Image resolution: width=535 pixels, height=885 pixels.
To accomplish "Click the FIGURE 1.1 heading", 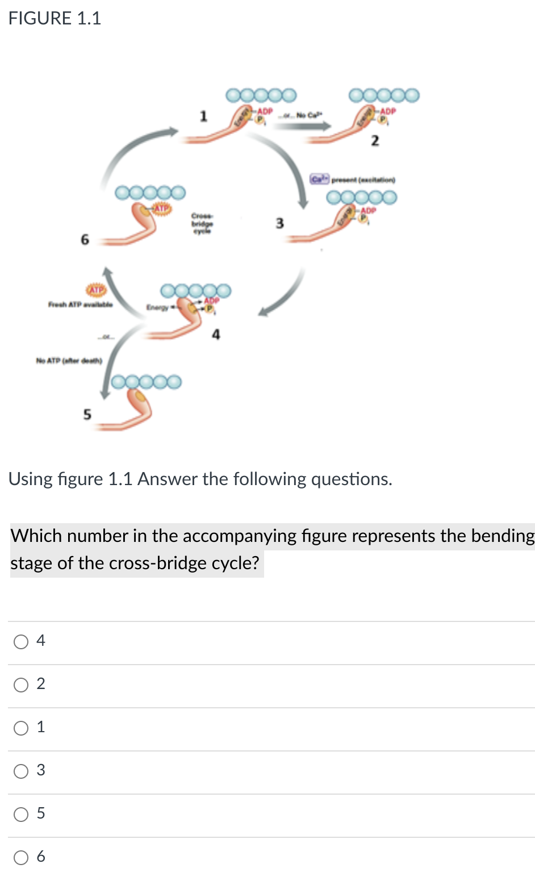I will tap(55, 18).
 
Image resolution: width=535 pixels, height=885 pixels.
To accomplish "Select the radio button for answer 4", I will tap(21, 642).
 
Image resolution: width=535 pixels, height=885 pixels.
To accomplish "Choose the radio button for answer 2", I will tap(21, 685).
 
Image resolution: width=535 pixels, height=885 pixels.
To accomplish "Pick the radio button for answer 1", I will tap(21, 728).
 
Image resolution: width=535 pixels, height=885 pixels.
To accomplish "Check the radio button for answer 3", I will tap(21, 771).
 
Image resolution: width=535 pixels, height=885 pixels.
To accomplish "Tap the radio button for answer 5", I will tap(21, 815).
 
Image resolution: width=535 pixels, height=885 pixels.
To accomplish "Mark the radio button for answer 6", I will tap(21, 858).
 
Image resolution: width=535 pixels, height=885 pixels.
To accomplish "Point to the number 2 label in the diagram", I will tap(374, 140).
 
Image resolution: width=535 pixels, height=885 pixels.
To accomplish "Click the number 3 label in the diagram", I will tap(279, 223).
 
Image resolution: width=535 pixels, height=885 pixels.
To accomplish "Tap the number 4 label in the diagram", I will tap(216, 335).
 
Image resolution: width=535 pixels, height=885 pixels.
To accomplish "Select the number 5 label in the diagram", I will tap(87, 414).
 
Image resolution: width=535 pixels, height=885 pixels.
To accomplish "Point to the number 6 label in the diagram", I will tap(85, 240).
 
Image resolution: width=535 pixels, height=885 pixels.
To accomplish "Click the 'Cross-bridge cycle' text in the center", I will tap(202, 224).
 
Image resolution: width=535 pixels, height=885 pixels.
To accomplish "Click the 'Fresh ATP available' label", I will tap(80, 305).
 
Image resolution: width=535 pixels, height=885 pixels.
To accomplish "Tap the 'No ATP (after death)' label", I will tap(69, 361).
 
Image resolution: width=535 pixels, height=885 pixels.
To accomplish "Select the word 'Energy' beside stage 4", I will tap(157, 307).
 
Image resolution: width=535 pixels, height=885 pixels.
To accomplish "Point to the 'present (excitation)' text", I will tap(363, 179).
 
